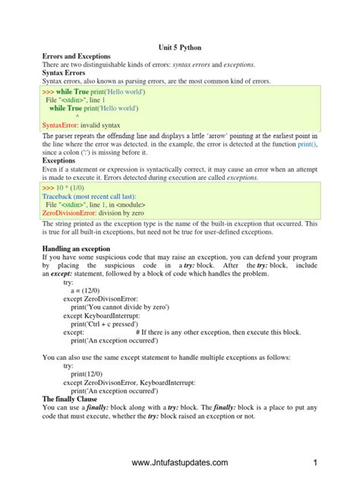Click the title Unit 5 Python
(179, 47)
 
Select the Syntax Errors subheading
(64, 72)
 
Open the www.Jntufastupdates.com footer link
(179, 463)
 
